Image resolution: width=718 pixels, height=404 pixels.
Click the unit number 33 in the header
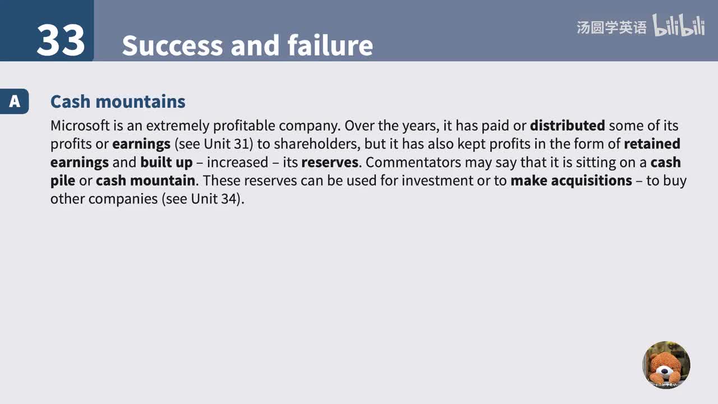(61, 40)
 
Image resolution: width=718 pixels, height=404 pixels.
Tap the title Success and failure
(247, 45)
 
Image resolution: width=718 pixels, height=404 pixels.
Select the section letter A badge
(15, 102)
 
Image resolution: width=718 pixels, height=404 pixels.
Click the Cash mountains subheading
(118, 102)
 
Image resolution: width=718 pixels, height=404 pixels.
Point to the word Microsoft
(80, 125)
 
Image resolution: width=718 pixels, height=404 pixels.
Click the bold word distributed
(567, 125)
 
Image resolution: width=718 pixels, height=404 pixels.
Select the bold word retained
(652, 144)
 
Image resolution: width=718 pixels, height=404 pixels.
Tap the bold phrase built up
(166, 162)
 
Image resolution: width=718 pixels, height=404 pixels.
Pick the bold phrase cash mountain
(145, 181)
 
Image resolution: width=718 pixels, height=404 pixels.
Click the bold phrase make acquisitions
(571, 181)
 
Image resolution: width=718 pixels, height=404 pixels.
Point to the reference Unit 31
(226, 144)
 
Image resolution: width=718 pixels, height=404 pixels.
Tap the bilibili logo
(679, 26)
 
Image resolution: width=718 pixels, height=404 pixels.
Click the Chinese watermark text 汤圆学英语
(611, 27)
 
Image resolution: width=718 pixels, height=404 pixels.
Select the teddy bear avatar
(666, 365)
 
